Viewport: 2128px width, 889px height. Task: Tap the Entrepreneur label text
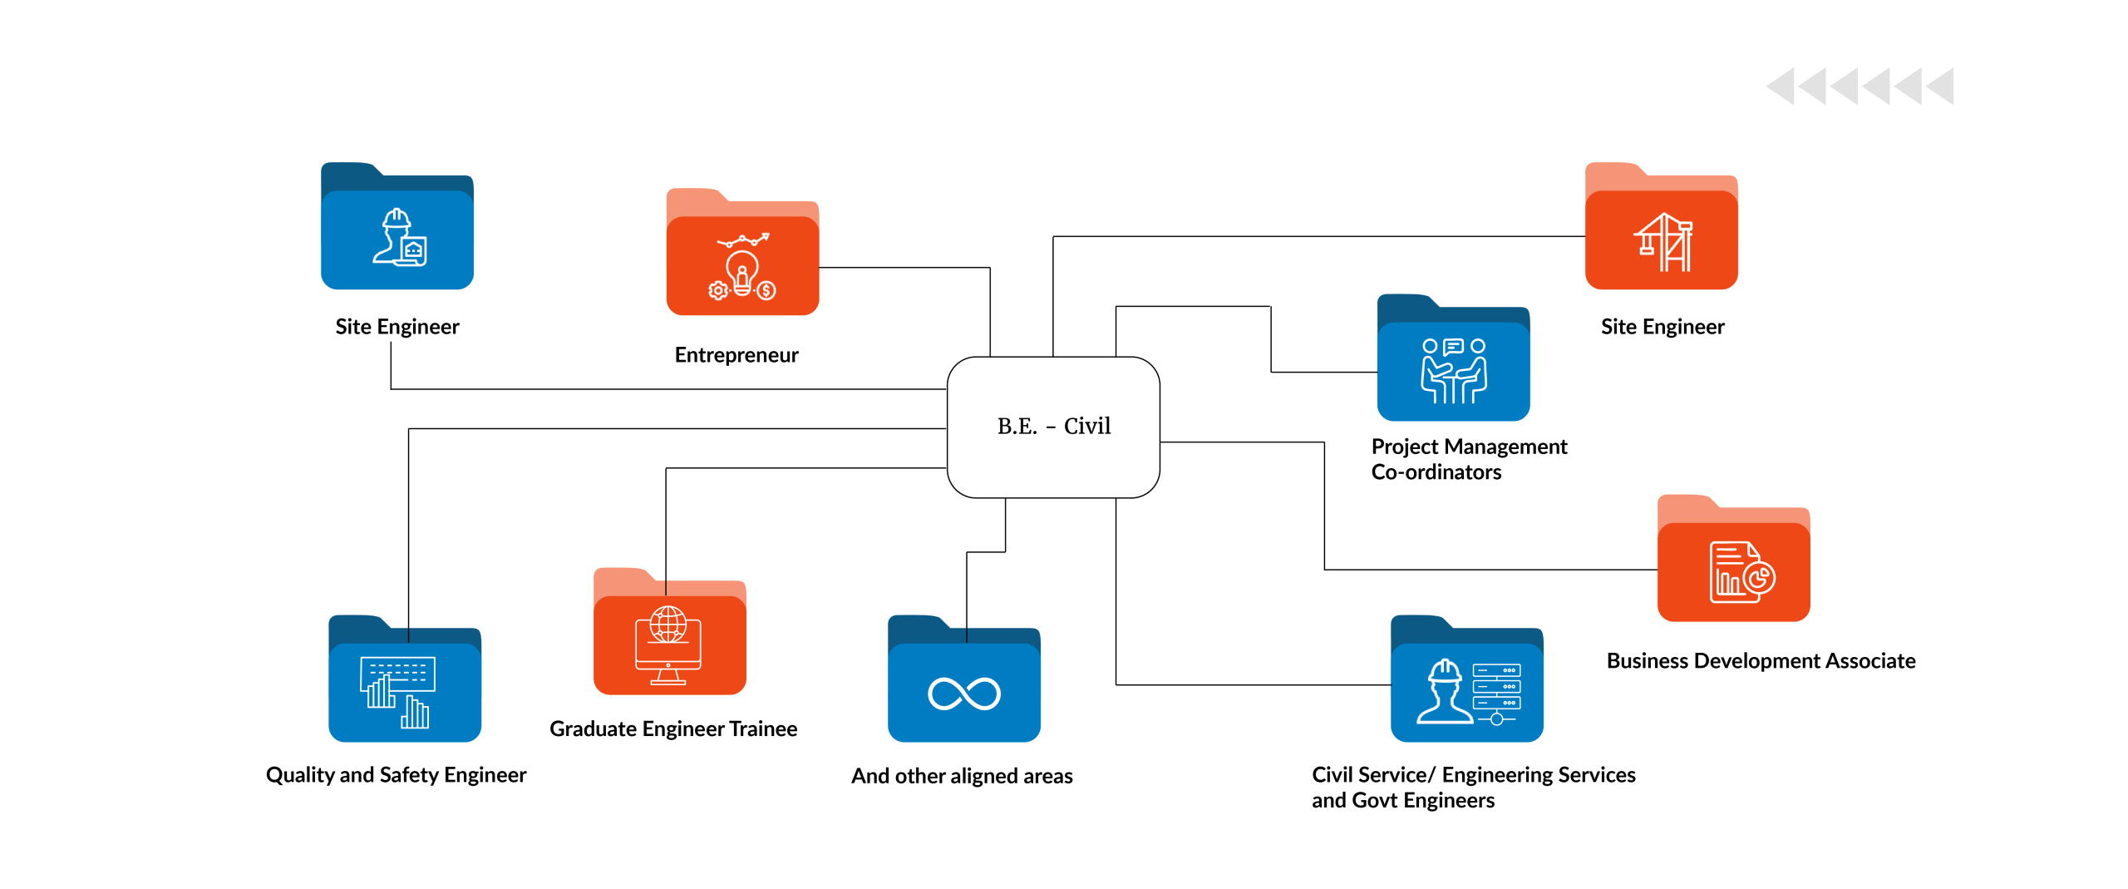736,355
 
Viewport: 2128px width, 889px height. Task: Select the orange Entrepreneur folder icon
742,254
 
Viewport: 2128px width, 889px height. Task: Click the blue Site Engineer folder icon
397,228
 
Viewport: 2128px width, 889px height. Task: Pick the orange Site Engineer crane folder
1661,228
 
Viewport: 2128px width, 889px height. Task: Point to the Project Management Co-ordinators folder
1453,359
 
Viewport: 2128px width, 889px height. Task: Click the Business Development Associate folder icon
1733,560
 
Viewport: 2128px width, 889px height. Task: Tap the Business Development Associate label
1761,661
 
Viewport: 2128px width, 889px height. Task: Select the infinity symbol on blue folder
964,694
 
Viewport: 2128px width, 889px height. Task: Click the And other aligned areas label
962,776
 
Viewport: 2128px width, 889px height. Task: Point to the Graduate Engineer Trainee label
673,729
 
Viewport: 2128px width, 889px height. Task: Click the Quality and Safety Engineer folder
405,681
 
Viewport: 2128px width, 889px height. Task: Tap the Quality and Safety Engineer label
396,775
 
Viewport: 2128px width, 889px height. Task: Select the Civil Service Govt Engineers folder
1466,681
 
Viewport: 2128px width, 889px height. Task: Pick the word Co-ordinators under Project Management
1436,472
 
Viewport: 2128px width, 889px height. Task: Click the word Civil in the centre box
1086,426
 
